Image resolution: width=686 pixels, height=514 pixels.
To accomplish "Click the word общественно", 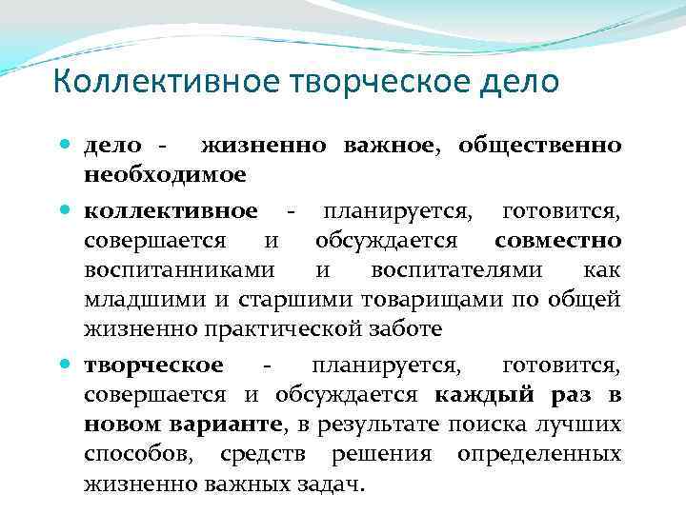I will click(x=539, y=147).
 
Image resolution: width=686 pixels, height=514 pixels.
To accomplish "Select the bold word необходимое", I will click(x=165, y=175).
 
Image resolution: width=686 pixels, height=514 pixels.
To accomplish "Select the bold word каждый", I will click(x=482, y=394).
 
